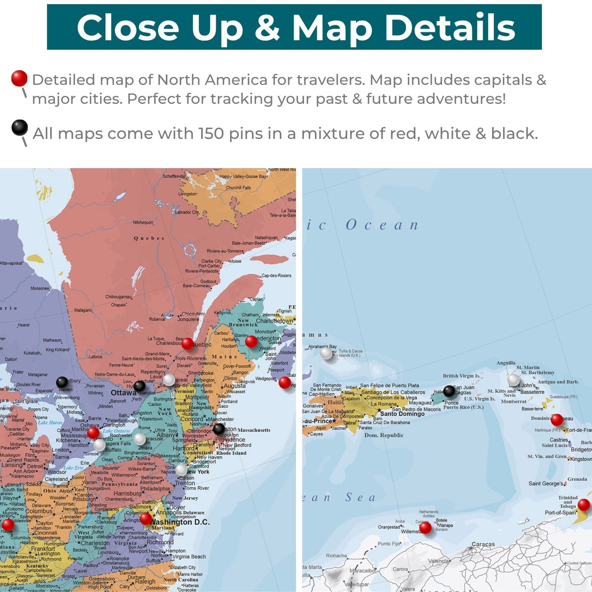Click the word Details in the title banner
(450, 28)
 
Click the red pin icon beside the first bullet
(19, 79)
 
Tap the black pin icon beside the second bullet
(20, 127)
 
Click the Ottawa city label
(123, 393)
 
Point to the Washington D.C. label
(180, 522)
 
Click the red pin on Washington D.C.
(146, 518)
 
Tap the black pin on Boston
(219, 429)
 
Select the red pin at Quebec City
(187, 344)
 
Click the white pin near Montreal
(169, 380)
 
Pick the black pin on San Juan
(449, 391)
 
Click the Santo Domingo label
(402, 414)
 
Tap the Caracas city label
(483, 544)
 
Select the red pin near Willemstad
(425, 527)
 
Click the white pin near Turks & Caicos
(326, 353)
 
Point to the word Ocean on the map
(382, 225)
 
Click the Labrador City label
(187, 212)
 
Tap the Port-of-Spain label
(560, 513)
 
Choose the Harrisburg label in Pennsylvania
(127, 493)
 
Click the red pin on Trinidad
(584, 504)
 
